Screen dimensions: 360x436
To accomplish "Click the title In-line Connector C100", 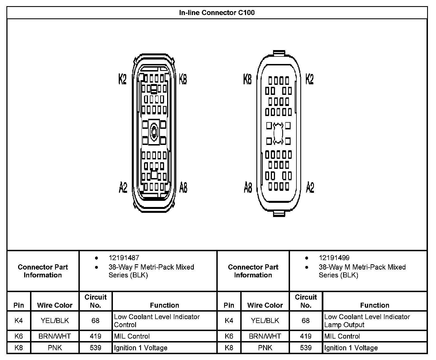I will (x=217, y=13).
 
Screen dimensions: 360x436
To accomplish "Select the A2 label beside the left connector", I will (x=123, y=187).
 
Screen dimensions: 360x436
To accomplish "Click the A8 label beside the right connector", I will (x=248, y=187).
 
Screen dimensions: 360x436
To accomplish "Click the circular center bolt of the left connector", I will (x=154, y=131).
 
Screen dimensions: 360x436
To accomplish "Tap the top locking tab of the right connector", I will (x=279, y=53).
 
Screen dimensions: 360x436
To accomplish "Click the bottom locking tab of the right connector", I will (x=279, y=214).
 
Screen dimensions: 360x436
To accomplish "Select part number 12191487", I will (x=124, y=258).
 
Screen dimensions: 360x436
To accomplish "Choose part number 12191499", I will (x=334, y=258).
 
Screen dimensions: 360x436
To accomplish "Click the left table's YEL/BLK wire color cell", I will (x=55, y=321).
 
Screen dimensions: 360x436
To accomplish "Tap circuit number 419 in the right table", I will (x=306, y=336).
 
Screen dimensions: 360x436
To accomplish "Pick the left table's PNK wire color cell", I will (x=55, y=348).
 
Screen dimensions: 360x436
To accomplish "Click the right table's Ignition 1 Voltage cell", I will (x=351, y=348).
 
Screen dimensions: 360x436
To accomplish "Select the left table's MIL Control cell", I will (x=132, y=336).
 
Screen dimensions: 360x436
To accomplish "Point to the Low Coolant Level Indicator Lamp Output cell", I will (x=367, y=321).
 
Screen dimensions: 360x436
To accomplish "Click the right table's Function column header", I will (x=375, y=305).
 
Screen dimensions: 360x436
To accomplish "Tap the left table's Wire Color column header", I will (x=55, y=305).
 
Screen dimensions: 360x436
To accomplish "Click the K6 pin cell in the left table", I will (x=19, y=336).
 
